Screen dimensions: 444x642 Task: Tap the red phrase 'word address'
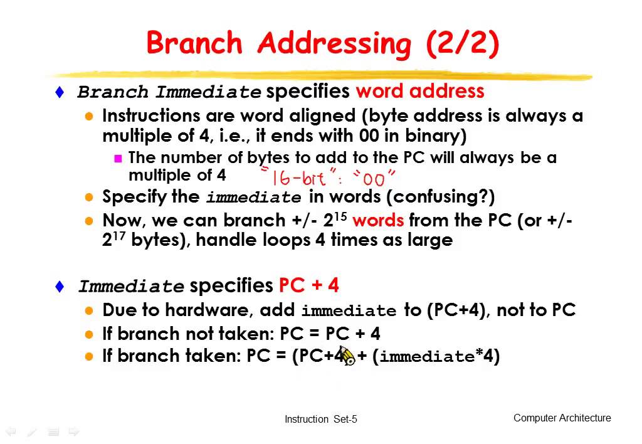coord(420,92)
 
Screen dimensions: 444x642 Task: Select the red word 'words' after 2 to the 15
coord(378,221)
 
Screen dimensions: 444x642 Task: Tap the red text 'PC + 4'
coord(308,286)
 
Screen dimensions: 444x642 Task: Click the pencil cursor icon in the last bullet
coord(348,356)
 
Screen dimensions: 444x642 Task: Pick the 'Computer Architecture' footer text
coord(562,418)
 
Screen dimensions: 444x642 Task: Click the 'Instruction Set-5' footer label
coord(320,420)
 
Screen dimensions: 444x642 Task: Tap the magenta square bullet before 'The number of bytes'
coord(117,159)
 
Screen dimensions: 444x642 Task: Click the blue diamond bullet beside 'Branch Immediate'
coord(60,92)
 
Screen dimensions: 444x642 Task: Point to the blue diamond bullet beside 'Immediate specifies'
coord(60,287)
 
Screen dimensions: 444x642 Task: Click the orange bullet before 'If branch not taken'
coord(90,334)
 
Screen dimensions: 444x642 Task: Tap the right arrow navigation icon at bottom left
coord(73,431)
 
